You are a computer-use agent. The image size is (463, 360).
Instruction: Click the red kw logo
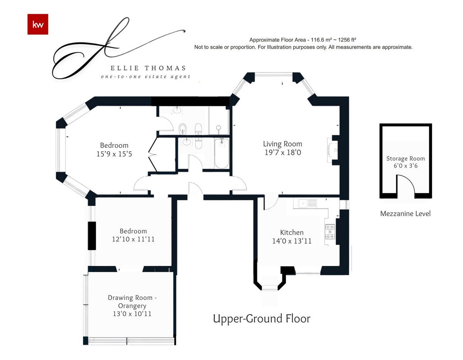pyautogui.click(x=38, y=24)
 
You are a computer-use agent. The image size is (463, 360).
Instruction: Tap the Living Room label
pyautogui.click(x=282, y=144)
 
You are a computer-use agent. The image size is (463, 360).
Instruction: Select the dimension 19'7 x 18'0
pyautogui.click(x=282, y=152)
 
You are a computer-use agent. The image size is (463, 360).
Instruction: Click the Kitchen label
pyautogui.click(x=292, y=232)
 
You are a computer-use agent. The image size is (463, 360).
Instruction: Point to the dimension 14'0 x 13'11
pyautogui.click(x=292, y=241)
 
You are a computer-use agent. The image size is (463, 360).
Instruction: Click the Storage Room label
pyautogui.click(x=406, y=158)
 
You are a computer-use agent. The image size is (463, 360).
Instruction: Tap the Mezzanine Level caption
pyautogui.click(x=405, y=214)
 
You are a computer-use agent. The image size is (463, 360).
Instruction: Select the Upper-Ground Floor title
pyautogui.click(x=262, y=318)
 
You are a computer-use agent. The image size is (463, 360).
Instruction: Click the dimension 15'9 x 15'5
pyautogui.click(x=114, y=154)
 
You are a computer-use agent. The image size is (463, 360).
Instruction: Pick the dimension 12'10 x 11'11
pyautogui.click(x=133, y=239)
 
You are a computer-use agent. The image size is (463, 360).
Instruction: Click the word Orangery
pyautogui.click(x=132, y=306)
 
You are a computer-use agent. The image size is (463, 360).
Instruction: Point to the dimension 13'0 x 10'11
pyautogui.click(x=132, y=314)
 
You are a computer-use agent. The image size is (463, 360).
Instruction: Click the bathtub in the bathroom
pyautogui.click(x=221, y=153)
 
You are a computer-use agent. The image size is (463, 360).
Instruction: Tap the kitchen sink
pyautogui.click(x=305, y=204)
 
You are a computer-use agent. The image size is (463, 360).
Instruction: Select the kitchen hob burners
pyautogui.click(x=330, y=232)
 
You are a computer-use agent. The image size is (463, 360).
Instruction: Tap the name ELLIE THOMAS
pyautogui.click(x=148, y=68)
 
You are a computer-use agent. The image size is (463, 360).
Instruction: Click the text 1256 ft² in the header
pyautogui.click(x=347, y=40)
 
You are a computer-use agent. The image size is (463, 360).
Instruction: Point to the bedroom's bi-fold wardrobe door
pyautogui.click(x=153, y=155)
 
